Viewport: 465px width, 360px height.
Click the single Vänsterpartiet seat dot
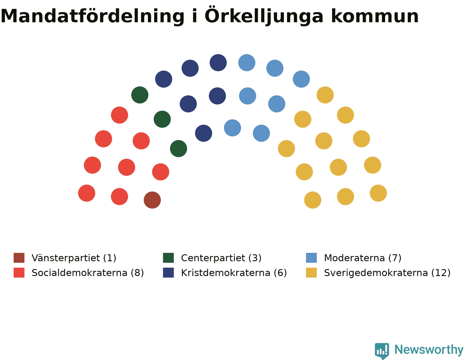coord(152,200)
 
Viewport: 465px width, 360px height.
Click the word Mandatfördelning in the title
coord(92,17)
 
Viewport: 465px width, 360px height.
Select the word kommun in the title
coord(375,17)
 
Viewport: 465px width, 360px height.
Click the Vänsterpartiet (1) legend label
coord(74,258)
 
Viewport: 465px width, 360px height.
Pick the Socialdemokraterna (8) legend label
coord(88,273)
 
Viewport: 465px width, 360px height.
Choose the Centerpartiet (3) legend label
coord(221,258)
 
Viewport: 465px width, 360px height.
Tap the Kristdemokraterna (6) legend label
coord(234,273)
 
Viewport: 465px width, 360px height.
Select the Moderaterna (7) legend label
coord(363,258)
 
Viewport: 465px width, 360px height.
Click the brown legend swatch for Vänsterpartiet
coord(19,258)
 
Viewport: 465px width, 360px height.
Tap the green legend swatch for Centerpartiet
coord(168,258)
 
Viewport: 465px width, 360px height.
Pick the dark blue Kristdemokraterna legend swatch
coord(168,273)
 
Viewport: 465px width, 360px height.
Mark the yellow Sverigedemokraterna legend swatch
coord(311,273)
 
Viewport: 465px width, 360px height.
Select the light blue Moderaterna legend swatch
coord(311,258)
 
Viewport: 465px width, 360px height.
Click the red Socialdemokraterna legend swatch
coord(19,273)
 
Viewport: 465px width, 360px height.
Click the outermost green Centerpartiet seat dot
coord(140,95)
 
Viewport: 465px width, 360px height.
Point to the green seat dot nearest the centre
coord(178,149)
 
